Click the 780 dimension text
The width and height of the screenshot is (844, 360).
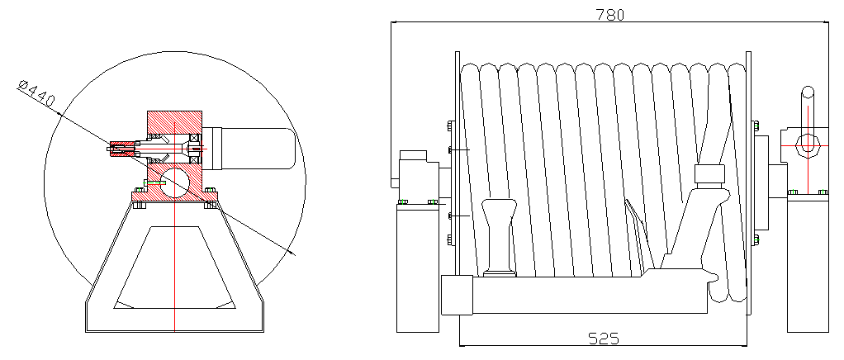tap(609, 15)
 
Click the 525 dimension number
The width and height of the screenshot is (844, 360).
tap(604, 339)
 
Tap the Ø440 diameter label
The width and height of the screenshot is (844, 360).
tap(36, 92)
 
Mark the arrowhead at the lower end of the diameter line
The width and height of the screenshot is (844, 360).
tap(292, 253)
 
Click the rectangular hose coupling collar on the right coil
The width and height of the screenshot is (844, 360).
tap(710, 174)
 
